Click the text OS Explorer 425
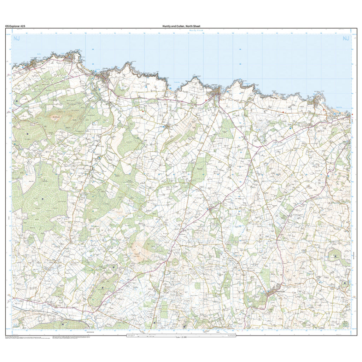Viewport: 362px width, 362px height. tap(15, 26)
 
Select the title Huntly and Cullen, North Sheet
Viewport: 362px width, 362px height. tap(181, 26)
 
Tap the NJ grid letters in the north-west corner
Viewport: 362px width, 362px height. tap(16, 39)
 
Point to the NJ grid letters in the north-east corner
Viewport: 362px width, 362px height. tap(345, 39)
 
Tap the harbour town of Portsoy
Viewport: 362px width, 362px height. tap(216, 93)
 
